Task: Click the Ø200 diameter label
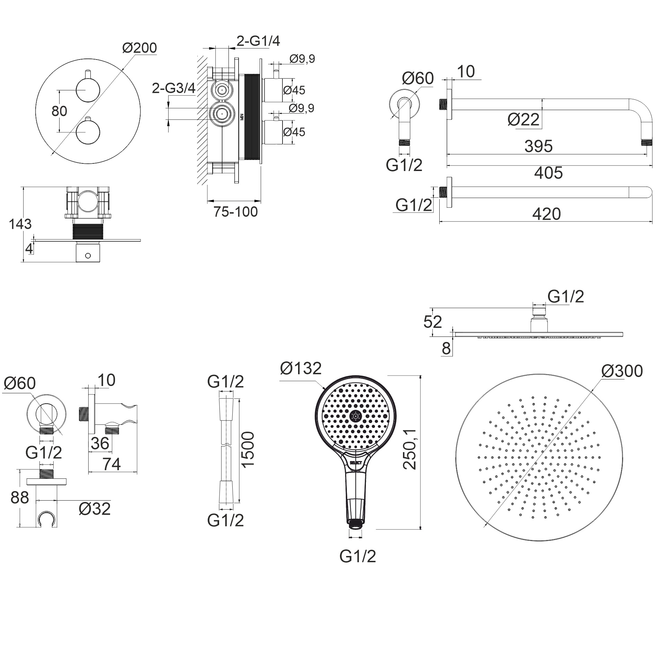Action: (140, 48)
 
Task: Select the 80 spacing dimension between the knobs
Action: (59, 111)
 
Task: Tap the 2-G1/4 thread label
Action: (258, 41)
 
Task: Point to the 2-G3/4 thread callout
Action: (173, 89)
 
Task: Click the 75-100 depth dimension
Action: (235, 212)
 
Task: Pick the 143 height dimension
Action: (20, 224)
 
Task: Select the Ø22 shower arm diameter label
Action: (523, 120)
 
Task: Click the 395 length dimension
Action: (538, 146)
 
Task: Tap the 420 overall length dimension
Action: (546, 214)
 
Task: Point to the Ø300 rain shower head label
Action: (622, 371)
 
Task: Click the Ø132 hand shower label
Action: (300, 368)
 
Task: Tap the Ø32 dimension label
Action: (95, 509)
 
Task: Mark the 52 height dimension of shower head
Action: (432, 322)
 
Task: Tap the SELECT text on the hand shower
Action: (356, 463)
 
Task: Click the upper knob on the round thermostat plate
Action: (88, 90)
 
